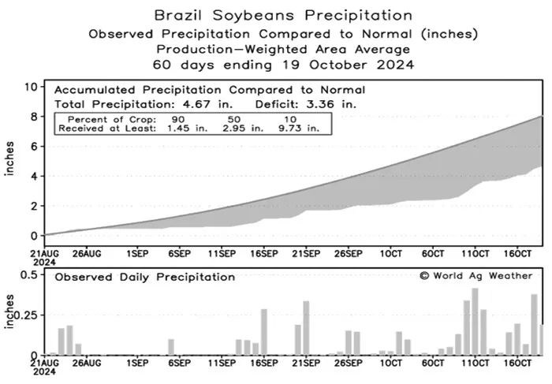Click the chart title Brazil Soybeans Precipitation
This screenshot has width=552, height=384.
coord(282,14)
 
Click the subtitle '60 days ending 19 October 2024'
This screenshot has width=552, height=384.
coord(282,64)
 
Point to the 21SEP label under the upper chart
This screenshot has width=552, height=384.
coord(306,254)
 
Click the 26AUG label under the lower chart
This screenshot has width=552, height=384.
coord(87,365)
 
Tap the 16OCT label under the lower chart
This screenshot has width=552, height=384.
coord(519,365)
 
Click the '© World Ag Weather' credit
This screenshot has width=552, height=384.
coord(476,275)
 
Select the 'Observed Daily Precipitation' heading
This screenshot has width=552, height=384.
coord(144,277)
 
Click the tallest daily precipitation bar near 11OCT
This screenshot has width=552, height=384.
coord(475,322)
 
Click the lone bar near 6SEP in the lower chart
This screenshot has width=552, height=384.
coord(171,347)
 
